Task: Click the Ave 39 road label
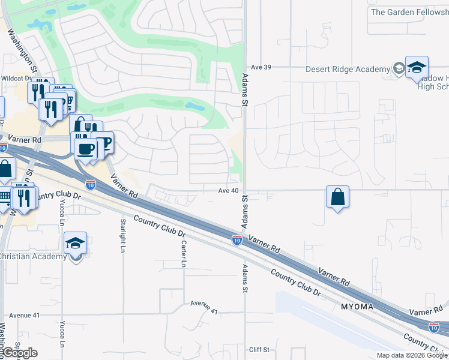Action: coord(261,67)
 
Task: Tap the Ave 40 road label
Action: coord(228,190)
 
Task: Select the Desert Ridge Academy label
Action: coord(348,70)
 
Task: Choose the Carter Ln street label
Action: coord(184,254)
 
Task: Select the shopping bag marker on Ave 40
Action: coord(337,196)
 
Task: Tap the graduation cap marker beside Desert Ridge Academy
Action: coord(416,68)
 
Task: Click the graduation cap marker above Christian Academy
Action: coord(76,244)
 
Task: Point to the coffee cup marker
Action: coord(85,148)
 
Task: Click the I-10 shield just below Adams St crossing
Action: coord(237,240)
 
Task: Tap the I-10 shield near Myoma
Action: coord(434,327)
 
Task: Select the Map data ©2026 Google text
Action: coord(412,355)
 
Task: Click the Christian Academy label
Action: coord(33,257)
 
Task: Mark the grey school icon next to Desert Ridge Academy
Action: coord(398,70)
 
